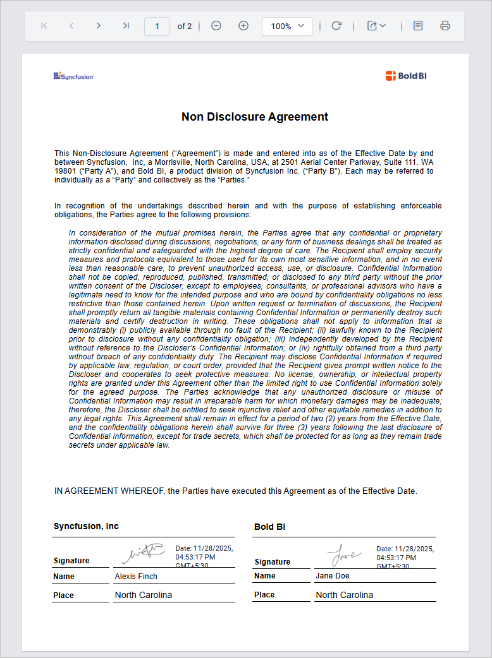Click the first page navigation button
click(44, 26)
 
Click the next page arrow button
click(99, 26)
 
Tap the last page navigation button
click(126, 26)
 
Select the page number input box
click(157, 26)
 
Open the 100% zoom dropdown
click(287, 26)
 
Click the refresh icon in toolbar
click(336, 26)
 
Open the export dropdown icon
click(376, 26)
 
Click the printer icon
click(445, 26)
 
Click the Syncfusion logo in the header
click(73, 76)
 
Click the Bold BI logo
click(406, 76)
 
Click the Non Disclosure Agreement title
click(255, 117)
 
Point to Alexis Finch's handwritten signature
click(143, 553)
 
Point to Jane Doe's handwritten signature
click(344, 554)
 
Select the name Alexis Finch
click(136, 577)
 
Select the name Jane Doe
click(332, 576)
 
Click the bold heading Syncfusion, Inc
click(86, 527)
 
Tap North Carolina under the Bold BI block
click(344, 595)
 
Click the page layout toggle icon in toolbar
click(418, 26)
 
